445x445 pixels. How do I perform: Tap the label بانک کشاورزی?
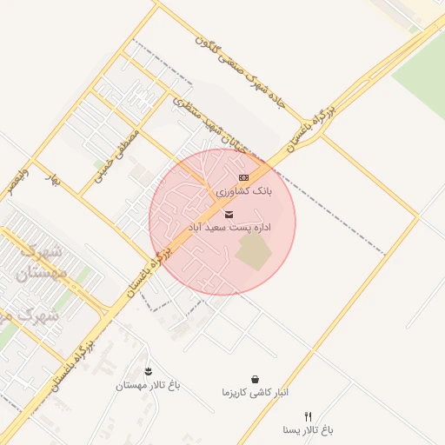(x=243, y=190)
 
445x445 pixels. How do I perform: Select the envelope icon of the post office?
(x=229, y=214)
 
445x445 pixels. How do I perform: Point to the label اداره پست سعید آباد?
(x=230, y=227)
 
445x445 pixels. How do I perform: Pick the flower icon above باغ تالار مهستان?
(x=148, y=372)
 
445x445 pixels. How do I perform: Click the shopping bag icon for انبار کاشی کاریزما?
(x=255, y=379)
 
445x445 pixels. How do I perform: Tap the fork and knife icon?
(x=308, y=417)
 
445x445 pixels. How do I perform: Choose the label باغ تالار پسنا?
(x=308, y=430)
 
